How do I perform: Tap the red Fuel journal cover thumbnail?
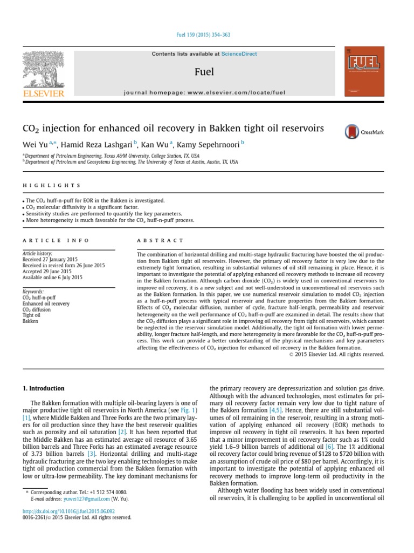pyautogui.click(x=364, y=73)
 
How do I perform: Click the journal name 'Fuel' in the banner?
pyautogui.click(x=204, y=72)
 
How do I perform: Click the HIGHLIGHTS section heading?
pyautogui.click(x=51, y=185)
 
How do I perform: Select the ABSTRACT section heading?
pyautogui.click(x=160, y=240)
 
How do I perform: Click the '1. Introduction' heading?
pyautogui.click(x=43, y=388)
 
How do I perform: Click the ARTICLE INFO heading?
pyautogui.click(x=56, y=240)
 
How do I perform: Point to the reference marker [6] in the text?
pyautogui.click(x=329, y=433)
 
